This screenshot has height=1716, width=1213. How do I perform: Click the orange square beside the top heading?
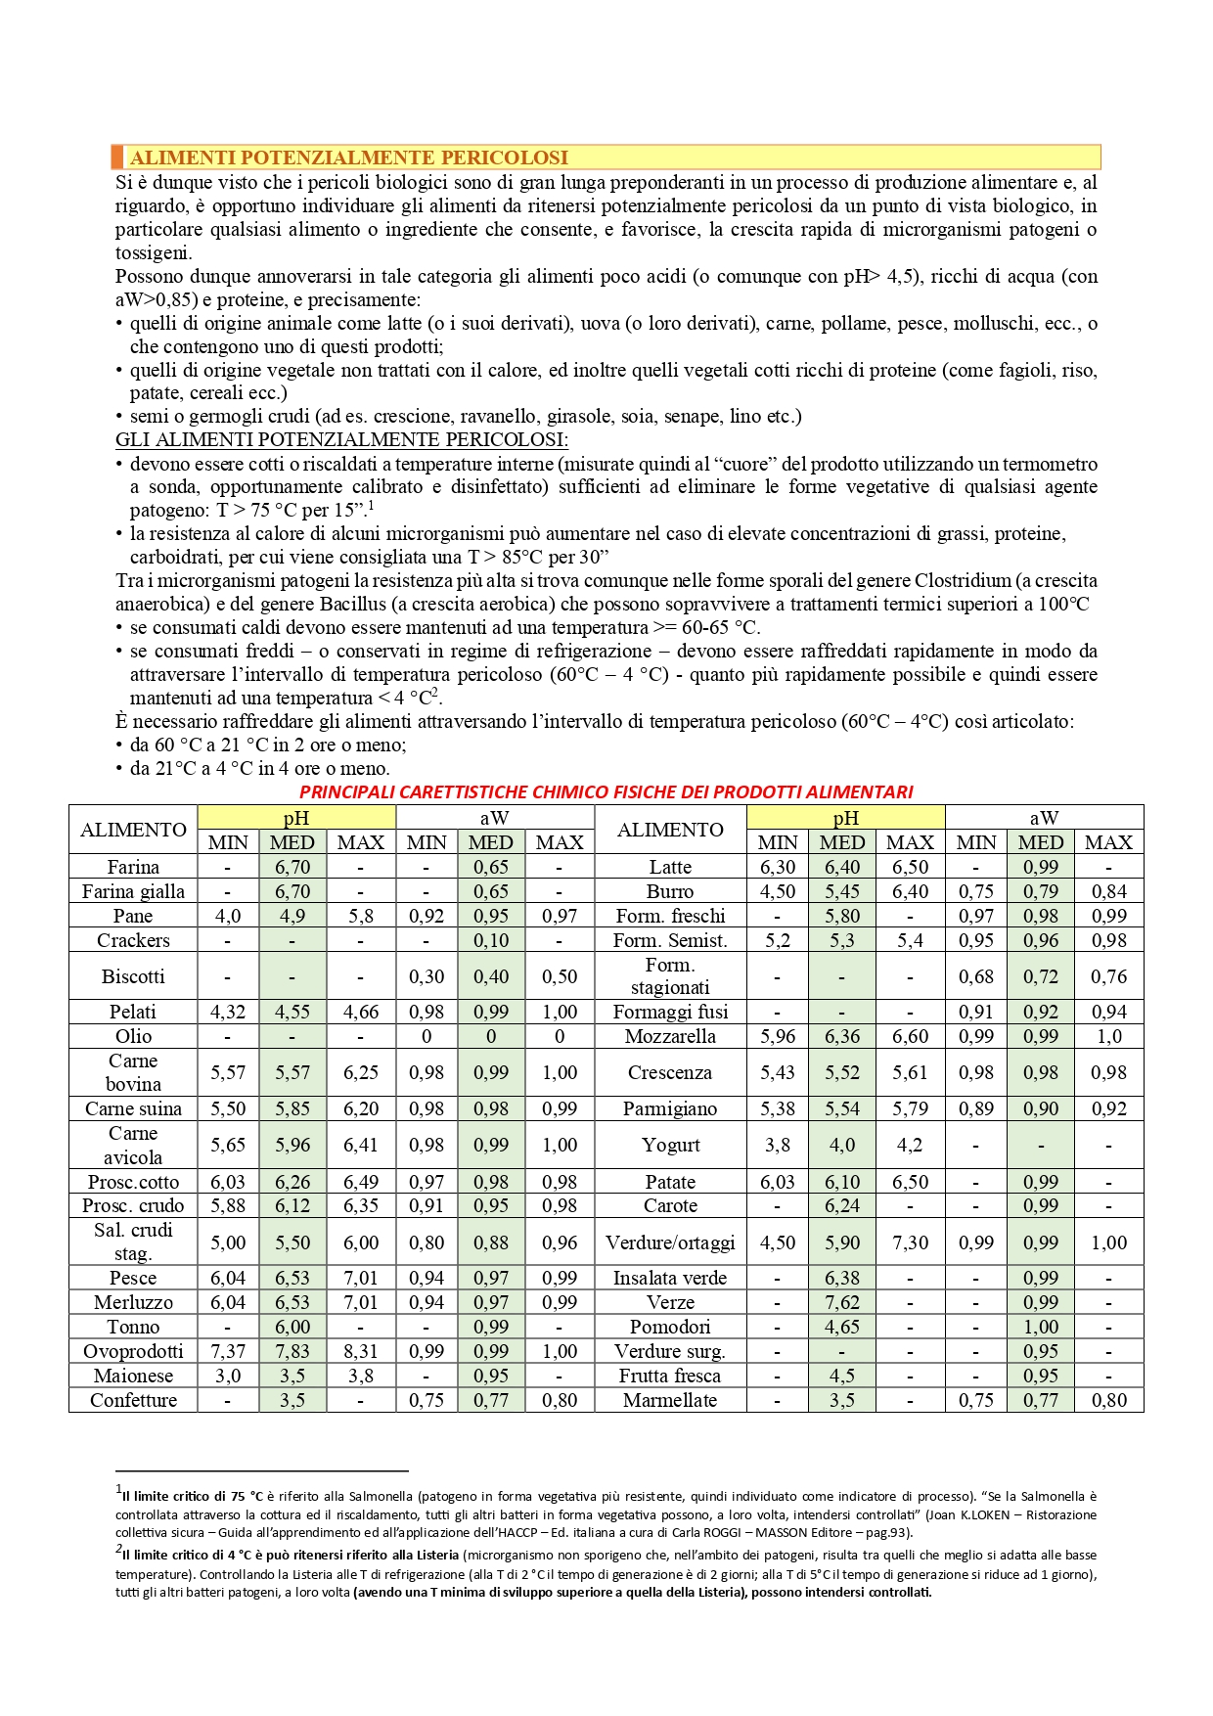[x=117, y=157]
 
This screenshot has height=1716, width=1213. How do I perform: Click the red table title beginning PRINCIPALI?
[x=606, y=791]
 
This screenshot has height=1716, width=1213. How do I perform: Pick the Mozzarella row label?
[x=670, y=1036]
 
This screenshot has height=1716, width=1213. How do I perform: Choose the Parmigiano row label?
[x=670, y=1108]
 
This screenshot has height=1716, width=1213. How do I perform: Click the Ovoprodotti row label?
[x=133, y=1351]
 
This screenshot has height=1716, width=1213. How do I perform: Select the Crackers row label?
[x=133, y=940]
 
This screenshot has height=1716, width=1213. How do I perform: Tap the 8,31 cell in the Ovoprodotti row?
[x=361, y=1351]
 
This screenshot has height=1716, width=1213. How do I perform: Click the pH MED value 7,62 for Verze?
[x=842, y=1302]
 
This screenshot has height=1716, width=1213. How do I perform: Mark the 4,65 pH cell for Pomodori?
[x=842, y=1327]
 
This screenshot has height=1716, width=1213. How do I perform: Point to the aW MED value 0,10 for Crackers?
[x=491, y=940]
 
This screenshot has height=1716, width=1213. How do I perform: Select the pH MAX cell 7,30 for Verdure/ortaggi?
[x=910, y=1242]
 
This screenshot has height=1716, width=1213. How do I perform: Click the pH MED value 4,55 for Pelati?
[x=292, y=1012]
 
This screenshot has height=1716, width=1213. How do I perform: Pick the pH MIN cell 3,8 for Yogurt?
[x=778, y=1145]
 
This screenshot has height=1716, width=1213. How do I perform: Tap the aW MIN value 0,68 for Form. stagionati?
[x=976, y=976]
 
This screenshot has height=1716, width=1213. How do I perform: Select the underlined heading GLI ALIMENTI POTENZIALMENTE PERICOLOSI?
[x=341, y=440]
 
